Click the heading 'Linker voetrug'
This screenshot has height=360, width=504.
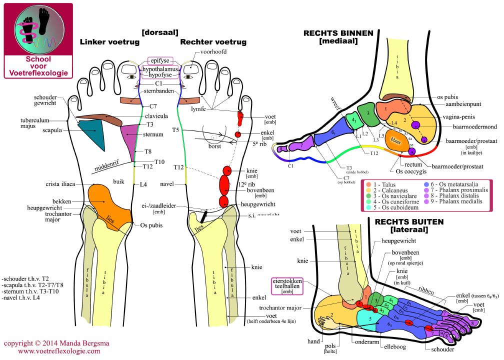109,42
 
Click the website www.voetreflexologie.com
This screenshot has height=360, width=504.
59,351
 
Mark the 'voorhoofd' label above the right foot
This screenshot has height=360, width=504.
213,52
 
